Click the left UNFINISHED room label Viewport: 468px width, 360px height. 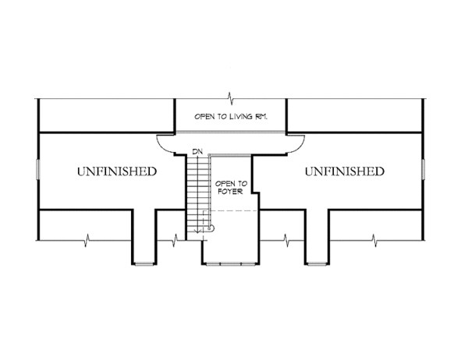116,170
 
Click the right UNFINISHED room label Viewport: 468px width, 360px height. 344,170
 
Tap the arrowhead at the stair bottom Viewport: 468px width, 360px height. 197,229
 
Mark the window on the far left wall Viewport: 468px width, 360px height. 37,170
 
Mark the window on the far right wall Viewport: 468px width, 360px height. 423,170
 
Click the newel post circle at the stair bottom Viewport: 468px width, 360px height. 209,229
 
